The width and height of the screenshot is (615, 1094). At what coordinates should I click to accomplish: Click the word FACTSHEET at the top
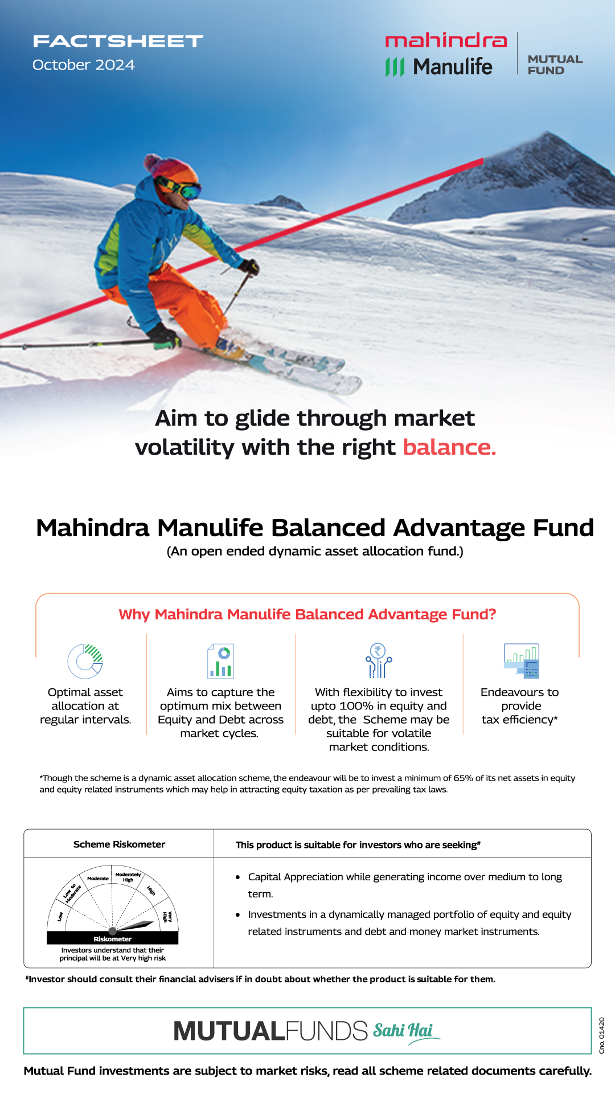(x=118, y=41)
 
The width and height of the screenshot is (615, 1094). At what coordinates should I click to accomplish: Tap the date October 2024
(x=84, y=65)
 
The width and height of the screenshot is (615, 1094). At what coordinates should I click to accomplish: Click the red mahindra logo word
(x=446, y=40)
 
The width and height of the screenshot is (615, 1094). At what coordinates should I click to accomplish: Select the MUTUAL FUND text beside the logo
(x=555, y=65)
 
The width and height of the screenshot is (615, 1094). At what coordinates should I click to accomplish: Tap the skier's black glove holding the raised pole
(x=249, y=266)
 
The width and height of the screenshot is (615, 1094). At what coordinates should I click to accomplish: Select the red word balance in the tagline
(x=449, y=448)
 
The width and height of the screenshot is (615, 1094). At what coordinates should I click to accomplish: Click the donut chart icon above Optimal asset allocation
(x=85, y=661)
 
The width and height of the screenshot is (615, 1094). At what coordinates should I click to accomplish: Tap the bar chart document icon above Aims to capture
(x=221, y=661)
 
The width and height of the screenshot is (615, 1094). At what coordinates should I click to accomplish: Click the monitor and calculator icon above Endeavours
(x=522, y=661)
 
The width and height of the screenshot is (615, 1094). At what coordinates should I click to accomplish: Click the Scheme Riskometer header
(x=119, y=844)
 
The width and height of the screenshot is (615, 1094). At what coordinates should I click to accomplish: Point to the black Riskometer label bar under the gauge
(x=113, y=938)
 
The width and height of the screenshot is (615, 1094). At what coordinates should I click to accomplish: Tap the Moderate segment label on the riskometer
(x=98, y=879)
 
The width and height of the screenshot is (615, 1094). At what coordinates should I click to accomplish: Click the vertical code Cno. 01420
(x=601, y=1035)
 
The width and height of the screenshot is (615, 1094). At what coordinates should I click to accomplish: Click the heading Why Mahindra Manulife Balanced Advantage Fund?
(x=307, y=614)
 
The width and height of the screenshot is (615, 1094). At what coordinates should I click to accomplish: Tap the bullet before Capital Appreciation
(x=238, y=877)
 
